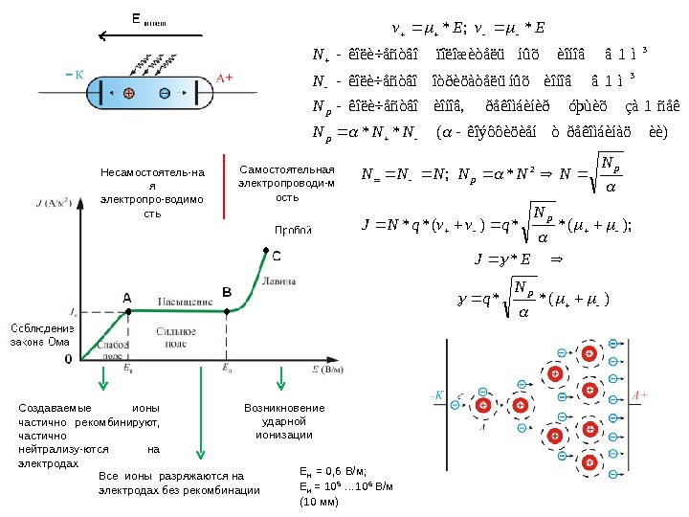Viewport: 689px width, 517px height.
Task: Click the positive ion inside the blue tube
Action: click(128, 93)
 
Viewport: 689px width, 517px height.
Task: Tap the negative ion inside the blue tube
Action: click(165, 93)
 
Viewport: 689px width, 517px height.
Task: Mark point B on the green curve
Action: click(226, 309)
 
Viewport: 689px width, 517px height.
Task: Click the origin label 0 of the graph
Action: click(68, 359)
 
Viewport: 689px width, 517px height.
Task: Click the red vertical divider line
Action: click(222, 181)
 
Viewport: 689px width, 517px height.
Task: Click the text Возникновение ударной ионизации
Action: click(284, 421)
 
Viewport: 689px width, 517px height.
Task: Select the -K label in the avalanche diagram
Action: click(436, 394)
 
